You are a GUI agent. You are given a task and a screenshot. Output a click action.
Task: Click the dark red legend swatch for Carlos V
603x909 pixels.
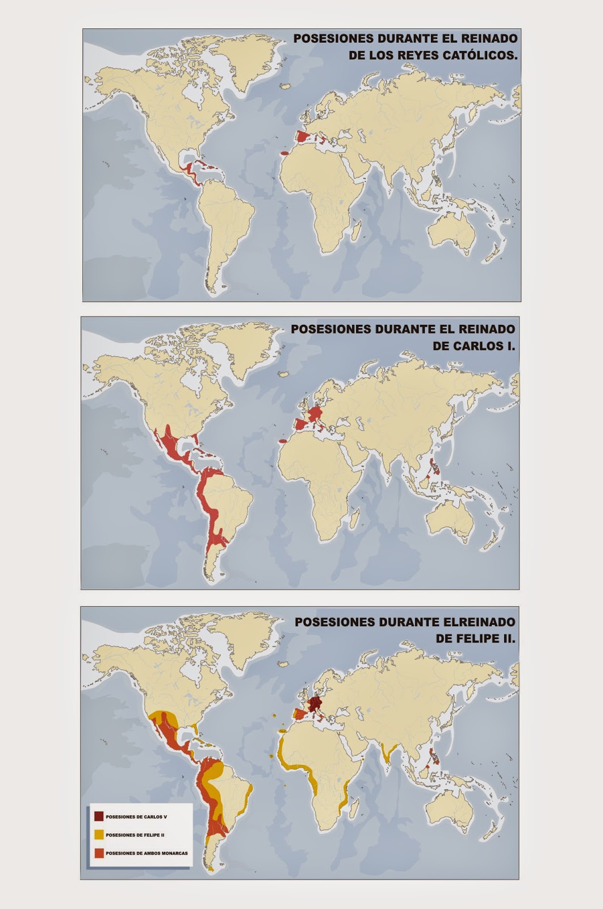tap(99, 816)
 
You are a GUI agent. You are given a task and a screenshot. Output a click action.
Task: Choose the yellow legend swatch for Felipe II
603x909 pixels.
tap(99, 835)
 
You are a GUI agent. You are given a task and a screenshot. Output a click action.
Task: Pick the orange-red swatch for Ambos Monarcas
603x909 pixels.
tap(99, 853)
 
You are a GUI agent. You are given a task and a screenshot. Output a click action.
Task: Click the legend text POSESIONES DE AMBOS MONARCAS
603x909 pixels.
tap(146, 853)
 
